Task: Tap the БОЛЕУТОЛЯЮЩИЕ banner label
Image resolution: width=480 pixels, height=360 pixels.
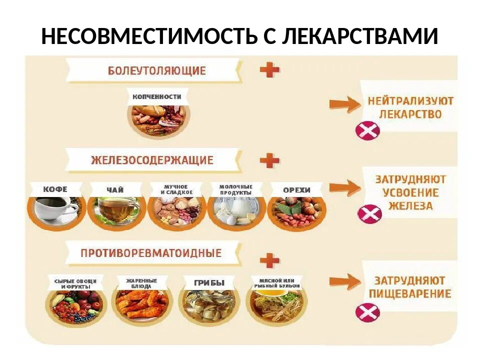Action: point(156,70)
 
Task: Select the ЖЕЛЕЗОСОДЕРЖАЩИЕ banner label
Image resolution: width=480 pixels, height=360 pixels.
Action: point(152,160)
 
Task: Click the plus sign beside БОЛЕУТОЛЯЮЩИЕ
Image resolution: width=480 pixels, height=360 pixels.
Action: point(269,70)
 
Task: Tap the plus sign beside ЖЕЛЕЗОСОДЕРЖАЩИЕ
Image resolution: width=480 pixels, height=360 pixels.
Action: point(270,160)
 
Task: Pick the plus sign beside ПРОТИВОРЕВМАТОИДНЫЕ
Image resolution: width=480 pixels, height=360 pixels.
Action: point(270,260)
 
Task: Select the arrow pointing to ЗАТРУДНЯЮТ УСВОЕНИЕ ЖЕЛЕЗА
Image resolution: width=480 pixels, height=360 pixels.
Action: point(345,188)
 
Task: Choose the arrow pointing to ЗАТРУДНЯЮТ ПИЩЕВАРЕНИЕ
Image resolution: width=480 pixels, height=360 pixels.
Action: point(345,281)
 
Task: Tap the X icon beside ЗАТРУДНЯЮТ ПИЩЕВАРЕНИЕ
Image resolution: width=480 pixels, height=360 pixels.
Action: point(367,313)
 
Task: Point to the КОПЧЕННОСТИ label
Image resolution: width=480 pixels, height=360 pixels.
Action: point(156,96)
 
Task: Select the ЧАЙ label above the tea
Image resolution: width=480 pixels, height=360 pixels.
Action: point(115,190)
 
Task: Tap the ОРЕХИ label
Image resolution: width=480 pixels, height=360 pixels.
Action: point(296,190)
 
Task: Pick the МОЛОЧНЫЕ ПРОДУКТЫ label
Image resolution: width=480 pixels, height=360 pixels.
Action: point(236,189)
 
